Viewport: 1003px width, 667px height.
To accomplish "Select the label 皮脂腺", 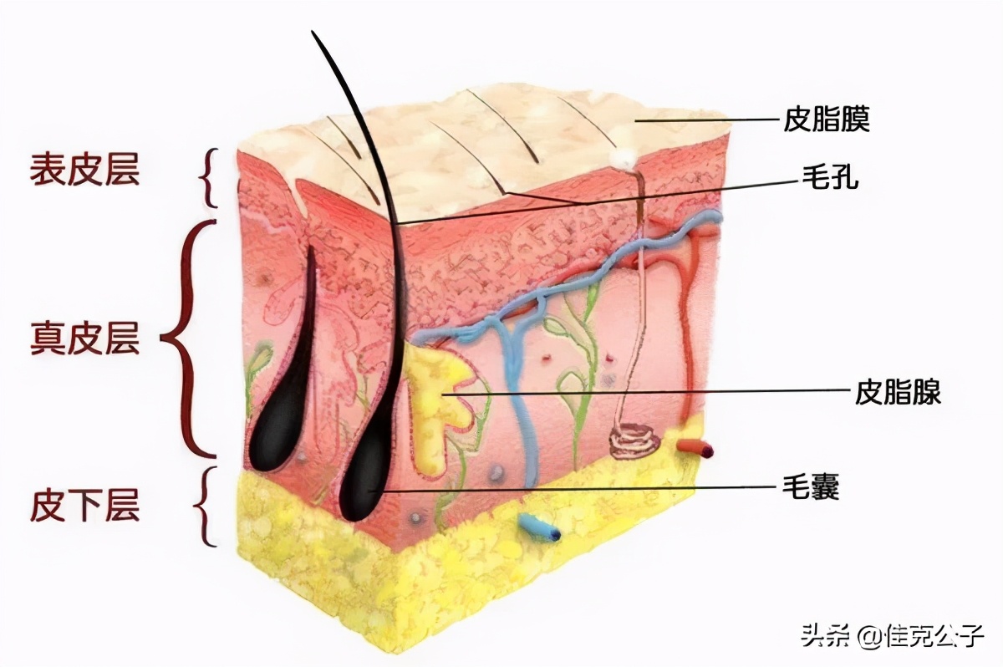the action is click(899, 391).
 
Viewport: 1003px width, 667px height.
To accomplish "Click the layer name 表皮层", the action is click(84, 170).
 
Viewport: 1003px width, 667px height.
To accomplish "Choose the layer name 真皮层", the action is click(84, 339).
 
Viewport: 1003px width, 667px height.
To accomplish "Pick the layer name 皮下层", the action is click(84, 506).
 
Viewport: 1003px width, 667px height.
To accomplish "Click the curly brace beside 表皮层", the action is click(210, 177).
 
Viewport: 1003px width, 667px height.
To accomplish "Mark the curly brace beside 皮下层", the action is click(204, 506).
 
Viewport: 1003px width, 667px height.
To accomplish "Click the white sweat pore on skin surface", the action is click(621, 156).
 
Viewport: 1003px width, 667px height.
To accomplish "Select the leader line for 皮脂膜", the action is click(710, 120).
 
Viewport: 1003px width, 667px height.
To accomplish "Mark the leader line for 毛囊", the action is click(585, 487).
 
